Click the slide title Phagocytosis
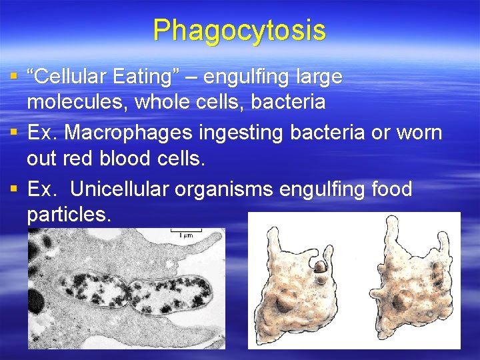[x=239, y=31]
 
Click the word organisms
[x=223, y=189]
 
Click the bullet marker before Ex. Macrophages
[x=15, y=133]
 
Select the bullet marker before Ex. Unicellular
[x=15, y=189]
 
